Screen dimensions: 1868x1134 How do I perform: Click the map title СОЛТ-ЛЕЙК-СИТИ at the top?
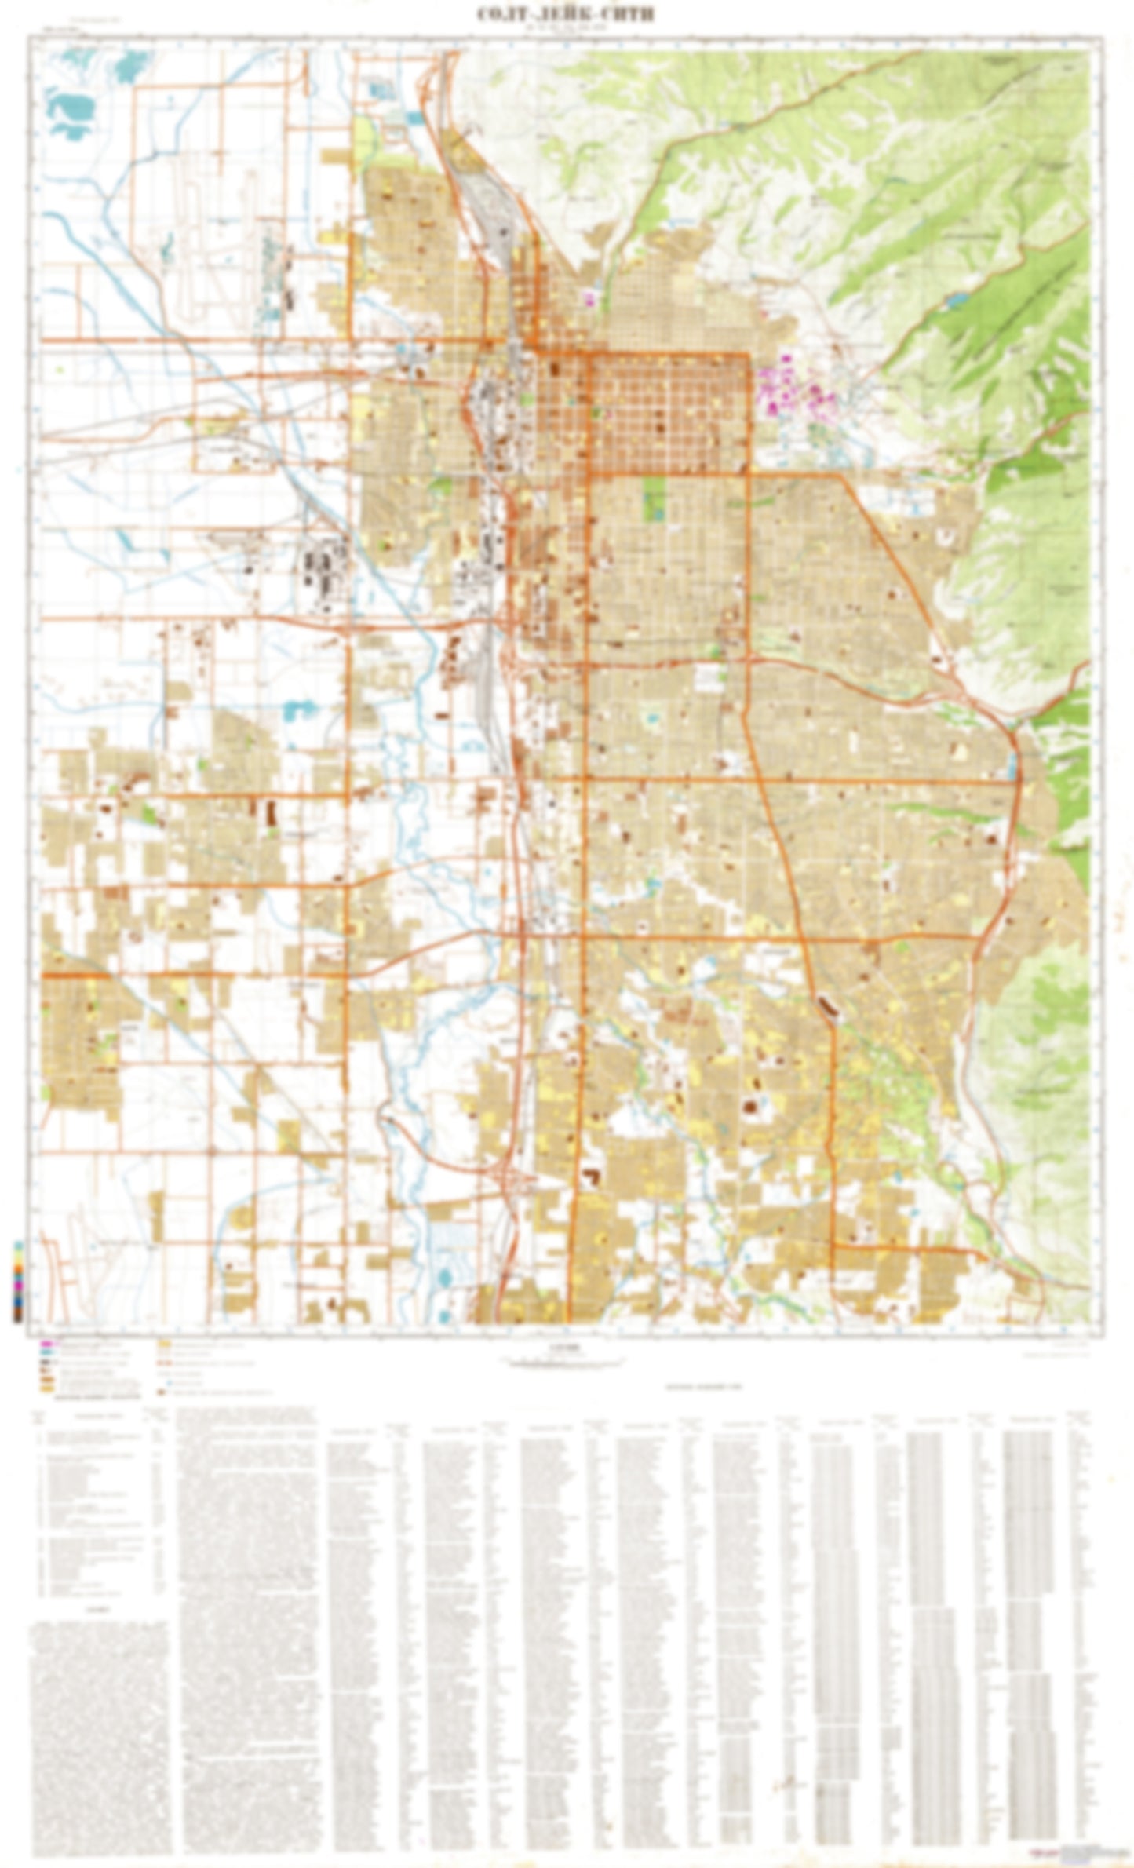[x=566, y=14]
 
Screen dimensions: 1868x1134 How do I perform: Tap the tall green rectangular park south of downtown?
[x=653, y=498]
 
